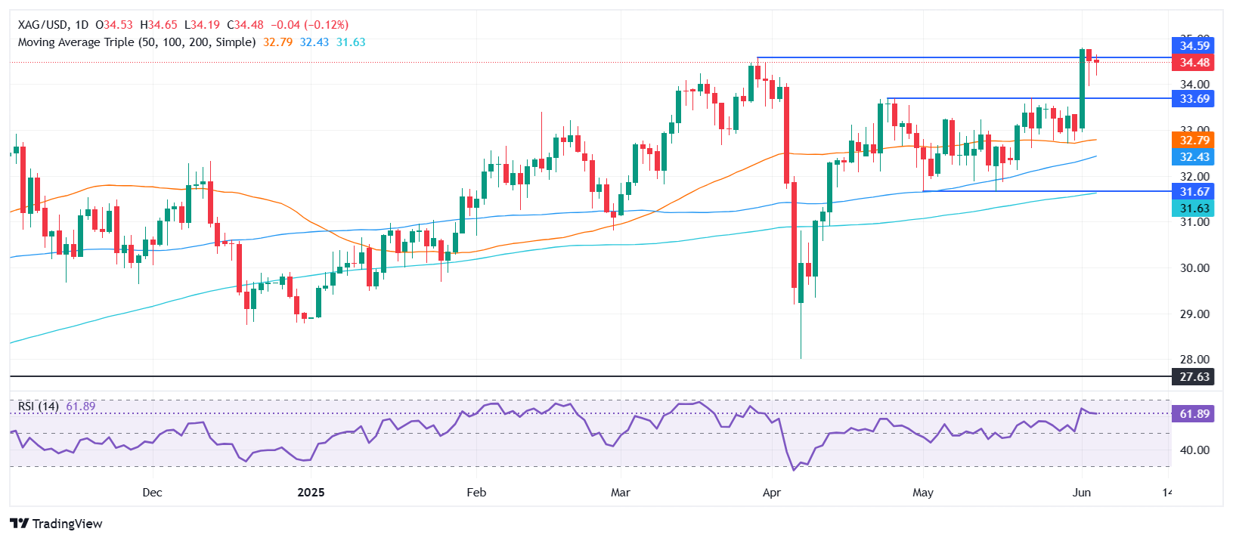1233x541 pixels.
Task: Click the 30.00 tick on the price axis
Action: coord(1194,268)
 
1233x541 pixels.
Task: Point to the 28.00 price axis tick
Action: coord(1194,360)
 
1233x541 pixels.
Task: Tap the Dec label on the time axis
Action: coord(152,493)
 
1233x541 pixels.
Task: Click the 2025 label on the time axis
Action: coord(311,493)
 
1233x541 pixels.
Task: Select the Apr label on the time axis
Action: coord(772,493)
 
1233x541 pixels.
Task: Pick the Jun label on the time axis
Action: coord(1082,493)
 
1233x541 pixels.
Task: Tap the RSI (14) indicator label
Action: coord(39,407)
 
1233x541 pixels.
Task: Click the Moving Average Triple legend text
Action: coord(136,42)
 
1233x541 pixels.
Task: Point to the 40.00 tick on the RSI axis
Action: coord(1194,450)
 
